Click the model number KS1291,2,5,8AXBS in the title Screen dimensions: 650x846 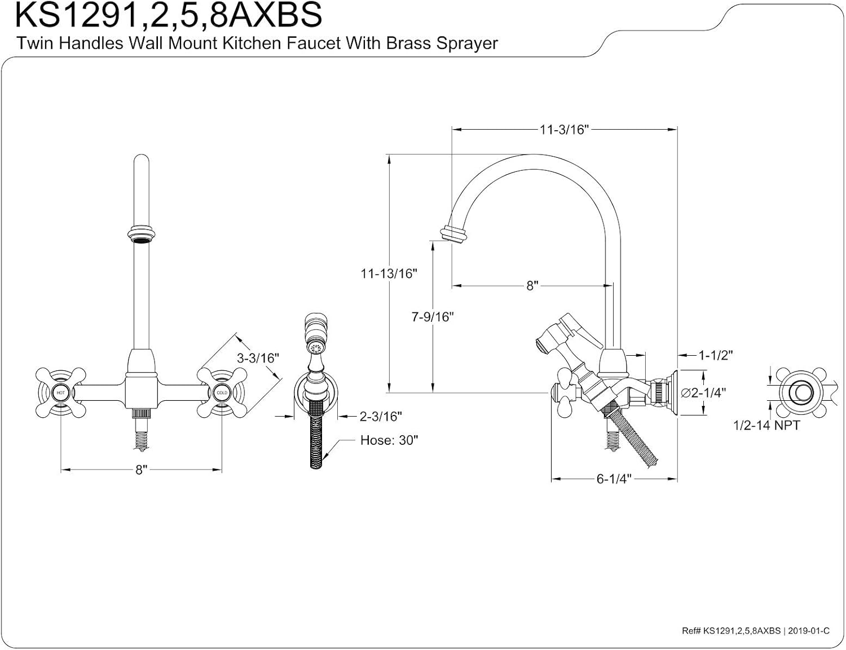coord(168,15)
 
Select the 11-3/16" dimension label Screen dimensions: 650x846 coord(563,130)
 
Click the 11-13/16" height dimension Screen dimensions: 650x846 coord(389,273)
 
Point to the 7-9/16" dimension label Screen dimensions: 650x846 coord(432,317)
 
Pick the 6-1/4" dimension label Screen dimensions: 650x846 coord(613,479)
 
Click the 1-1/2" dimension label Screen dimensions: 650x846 coord(715,355)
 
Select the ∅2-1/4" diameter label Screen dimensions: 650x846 coord(703,392)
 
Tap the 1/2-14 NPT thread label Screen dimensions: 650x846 coord(766,426)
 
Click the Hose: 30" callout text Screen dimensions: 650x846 coord(389,440)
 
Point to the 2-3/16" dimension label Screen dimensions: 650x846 coord(381,417)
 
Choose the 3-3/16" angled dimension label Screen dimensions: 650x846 coord(258,358)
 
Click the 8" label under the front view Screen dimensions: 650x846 coord(140,470)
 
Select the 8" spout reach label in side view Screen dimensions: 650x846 coord(532,286)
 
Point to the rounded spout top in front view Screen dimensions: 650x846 coord(140,161)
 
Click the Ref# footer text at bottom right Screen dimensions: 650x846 coord(755,631)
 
